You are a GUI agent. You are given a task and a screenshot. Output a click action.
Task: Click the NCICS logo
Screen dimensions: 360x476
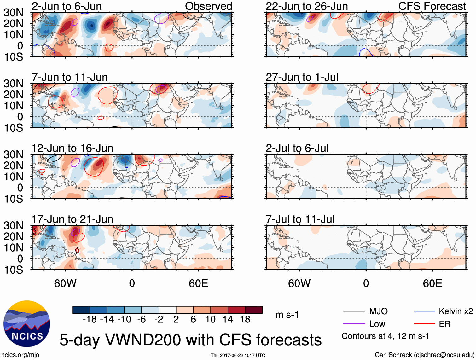point(27,323)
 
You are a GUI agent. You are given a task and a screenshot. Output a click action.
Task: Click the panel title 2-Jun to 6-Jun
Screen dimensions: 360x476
point(67,6)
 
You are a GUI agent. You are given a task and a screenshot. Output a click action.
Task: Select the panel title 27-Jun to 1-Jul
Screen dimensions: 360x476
point(302,77)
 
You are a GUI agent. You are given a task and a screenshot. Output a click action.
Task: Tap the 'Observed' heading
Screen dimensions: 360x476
point(208,6)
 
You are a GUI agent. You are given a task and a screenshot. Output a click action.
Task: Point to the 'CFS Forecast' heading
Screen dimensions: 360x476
point(432,6)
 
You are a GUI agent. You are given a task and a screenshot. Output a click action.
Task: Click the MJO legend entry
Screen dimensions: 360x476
point(378,311)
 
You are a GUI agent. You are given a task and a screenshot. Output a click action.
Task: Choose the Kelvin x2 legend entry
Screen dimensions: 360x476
point(456,311)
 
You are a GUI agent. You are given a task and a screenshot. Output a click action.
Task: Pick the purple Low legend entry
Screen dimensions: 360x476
point(377,324)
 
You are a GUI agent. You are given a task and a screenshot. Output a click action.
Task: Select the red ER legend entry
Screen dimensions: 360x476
point(444,324)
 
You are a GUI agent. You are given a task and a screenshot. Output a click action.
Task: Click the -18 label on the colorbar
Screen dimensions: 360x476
point(90,320)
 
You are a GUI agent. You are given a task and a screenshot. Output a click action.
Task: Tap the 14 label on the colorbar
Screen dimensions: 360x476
point(228,320)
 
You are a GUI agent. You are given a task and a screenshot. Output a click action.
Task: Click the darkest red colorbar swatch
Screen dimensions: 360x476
point(254,310)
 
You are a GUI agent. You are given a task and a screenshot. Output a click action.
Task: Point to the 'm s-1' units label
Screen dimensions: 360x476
point(287,315)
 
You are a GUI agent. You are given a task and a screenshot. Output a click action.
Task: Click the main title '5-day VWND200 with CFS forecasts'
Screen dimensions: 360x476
point(190,340)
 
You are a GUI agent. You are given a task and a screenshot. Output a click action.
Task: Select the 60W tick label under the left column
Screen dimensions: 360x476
point(65,283)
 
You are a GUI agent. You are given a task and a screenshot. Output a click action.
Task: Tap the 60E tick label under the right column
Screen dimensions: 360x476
point(432,283)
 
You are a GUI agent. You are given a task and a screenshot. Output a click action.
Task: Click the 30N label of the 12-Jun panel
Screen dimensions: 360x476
point(14,154)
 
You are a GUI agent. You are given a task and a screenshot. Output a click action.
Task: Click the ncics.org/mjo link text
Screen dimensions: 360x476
point(20,355)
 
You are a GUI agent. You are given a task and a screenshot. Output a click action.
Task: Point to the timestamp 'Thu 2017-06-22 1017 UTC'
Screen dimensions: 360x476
point(238,355)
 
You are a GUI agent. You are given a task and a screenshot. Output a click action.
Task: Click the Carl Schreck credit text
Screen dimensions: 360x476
point(424,355)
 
